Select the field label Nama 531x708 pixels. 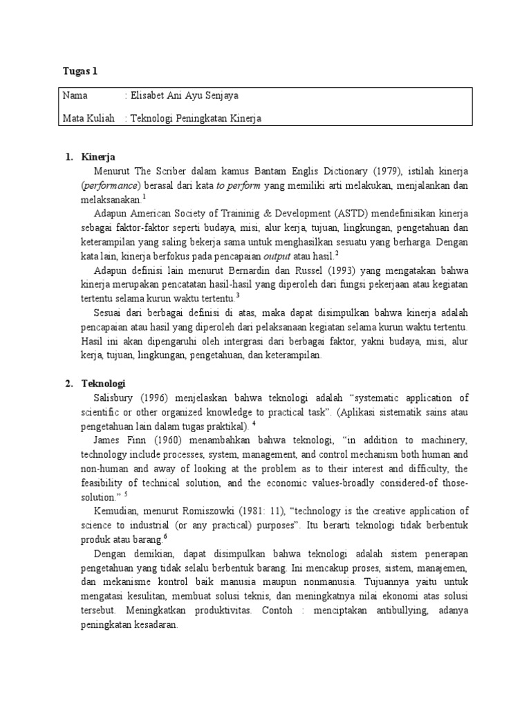(75, 96)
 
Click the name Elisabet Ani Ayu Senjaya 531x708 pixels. (183, 96)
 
